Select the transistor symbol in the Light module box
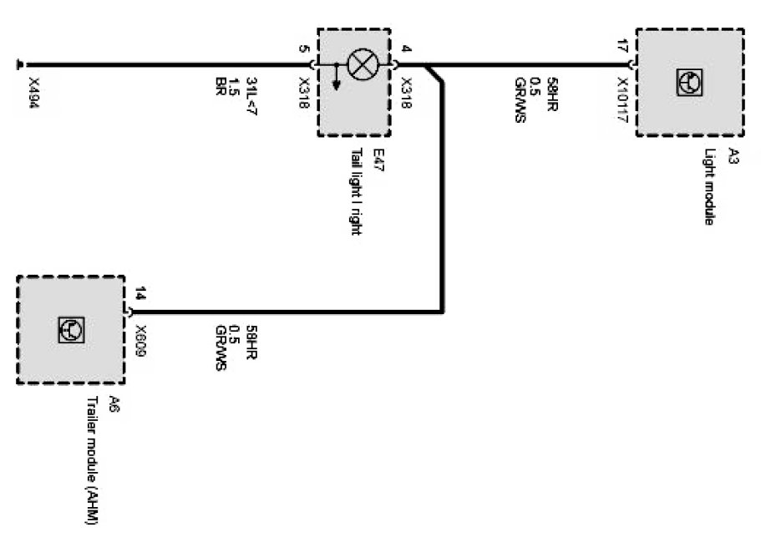click(689, 81)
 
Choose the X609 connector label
click(141, 341)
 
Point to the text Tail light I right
click(357, 192)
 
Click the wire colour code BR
click(221, 86)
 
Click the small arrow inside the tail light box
click(336, 78)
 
